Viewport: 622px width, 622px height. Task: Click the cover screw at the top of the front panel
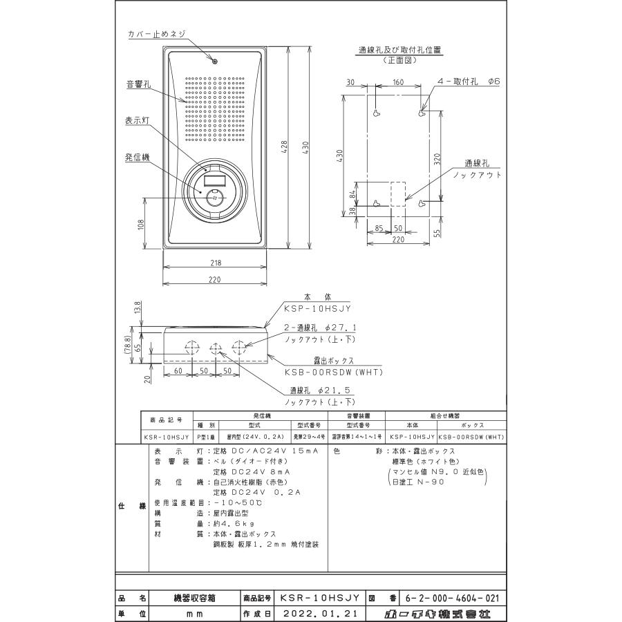[x=215, y=62]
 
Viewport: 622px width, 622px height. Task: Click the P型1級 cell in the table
[x=205, y=437]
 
